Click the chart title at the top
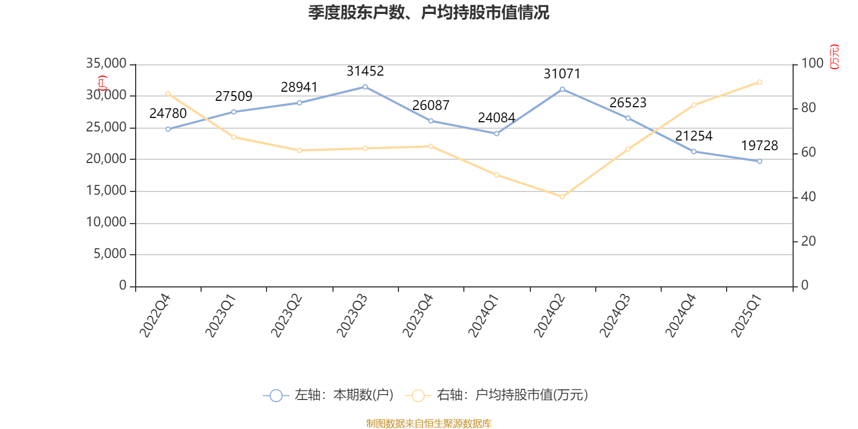click(428, 12)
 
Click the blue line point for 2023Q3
click(365, 87)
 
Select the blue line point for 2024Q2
click(562, 89)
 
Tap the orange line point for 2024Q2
click(562, 197)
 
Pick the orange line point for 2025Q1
click(759, 82)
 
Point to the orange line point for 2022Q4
click(168, 94)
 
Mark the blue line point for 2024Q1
click(497, 134)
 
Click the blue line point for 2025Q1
click(759, 161)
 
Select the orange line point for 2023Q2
click(299, 150)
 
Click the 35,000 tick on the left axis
click(106, 64)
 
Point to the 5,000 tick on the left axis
click(110, 254)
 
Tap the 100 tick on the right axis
click(812, 63)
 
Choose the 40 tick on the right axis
click(809, 197)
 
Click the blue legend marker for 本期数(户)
click(276, 396)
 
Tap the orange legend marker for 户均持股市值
click(418, 396)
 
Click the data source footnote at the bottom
click(428, 424)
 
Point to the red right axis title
click(834, 57)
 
